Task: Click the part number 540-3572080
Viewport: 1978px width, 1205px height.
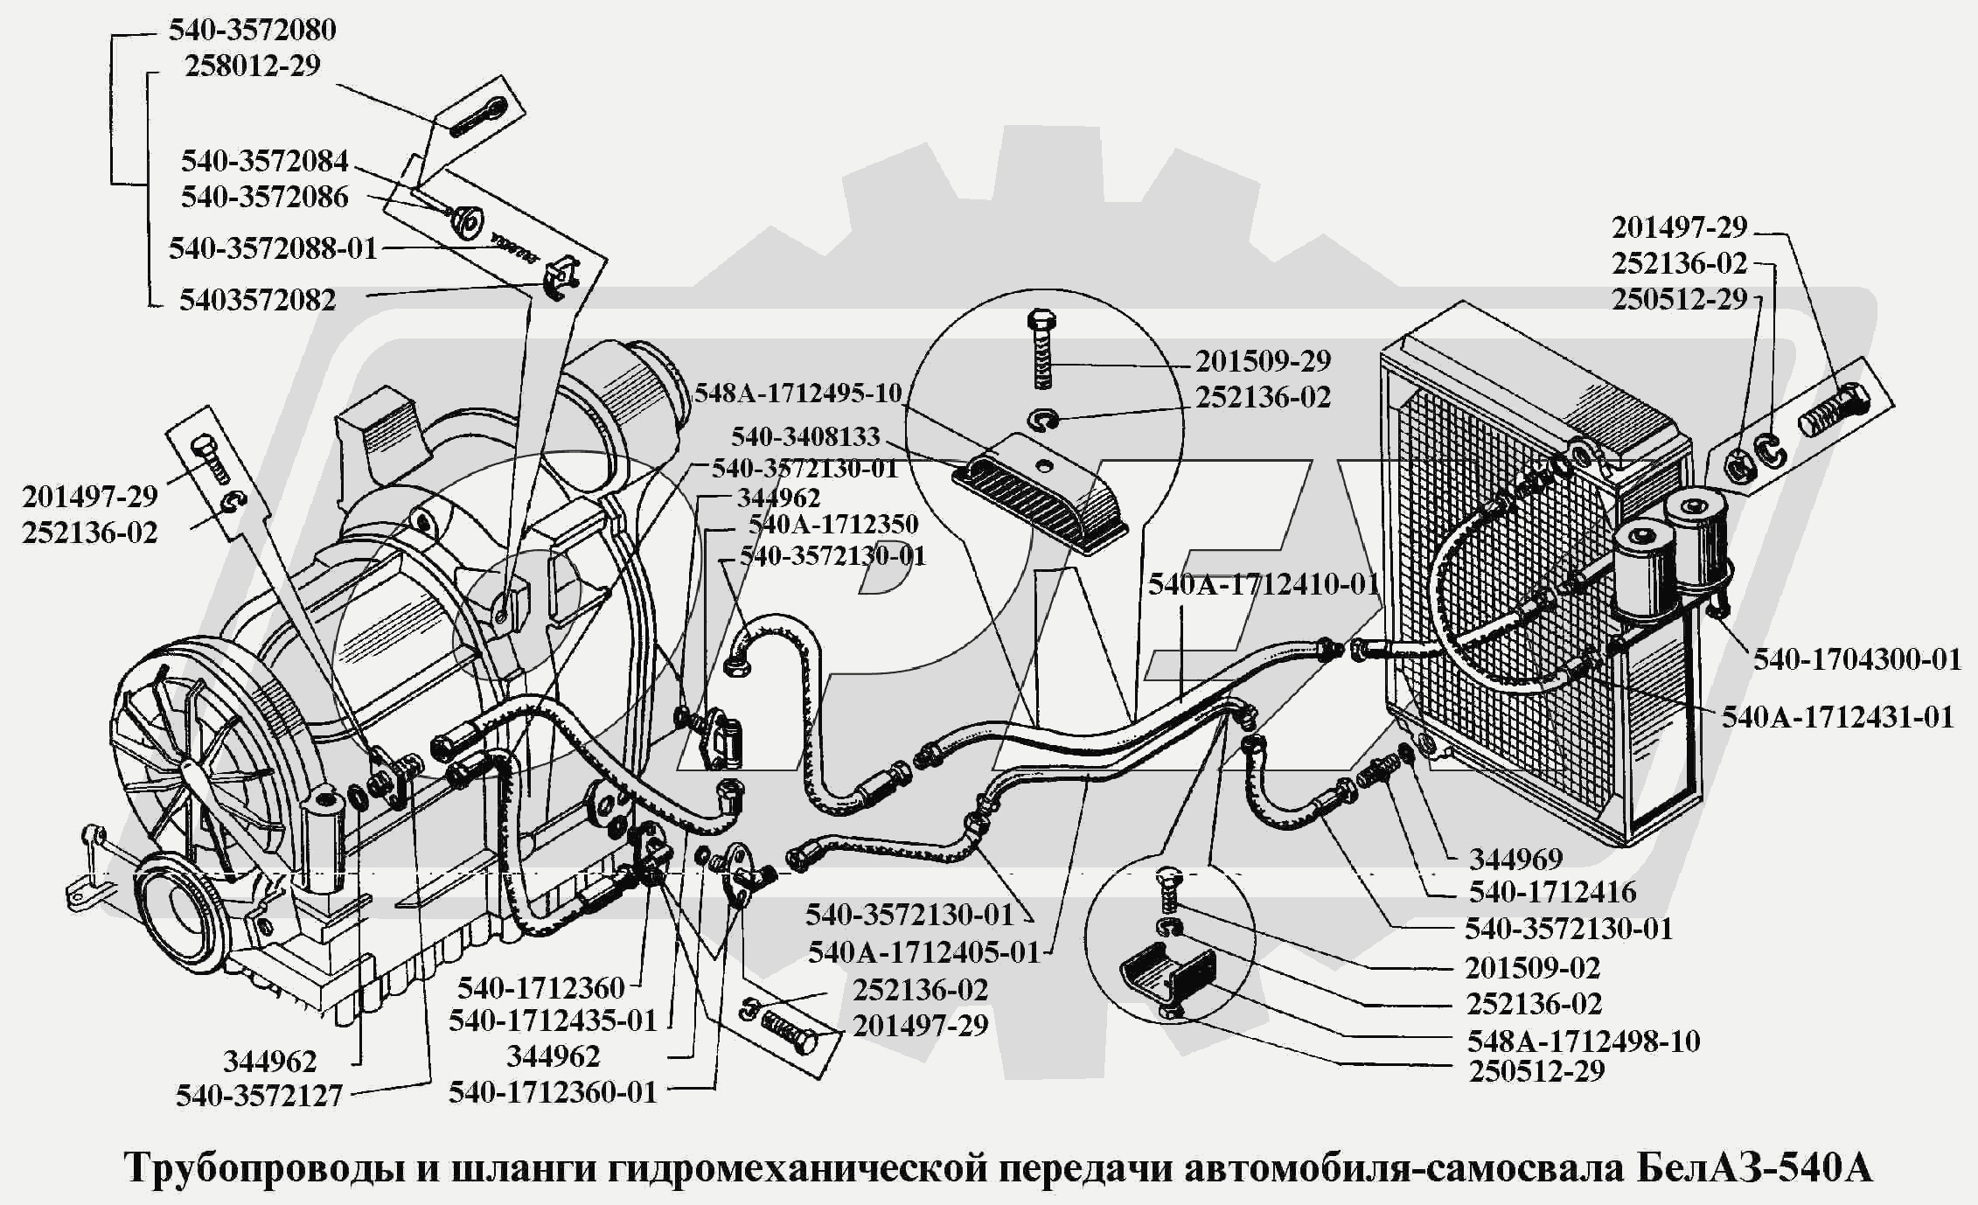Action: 252,31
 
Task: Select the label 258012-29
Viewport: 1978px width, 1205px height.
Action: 252,66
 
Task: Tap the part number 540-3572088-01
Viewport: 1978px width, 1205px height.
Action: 273,249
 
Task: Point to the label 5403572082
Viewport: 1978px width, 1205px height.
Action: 257,301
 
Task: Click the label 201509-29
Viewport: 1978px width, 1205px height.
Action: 1263,361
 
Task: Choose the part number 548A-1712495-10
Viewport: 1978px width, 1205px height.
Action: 797,394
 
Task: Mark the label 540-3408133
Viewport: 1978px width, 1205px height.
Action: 805,436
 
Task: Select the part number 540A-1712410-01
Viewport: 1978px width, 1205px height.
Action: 1264,585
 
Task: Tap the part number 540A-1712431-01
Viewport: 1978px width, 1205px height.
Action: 1837,718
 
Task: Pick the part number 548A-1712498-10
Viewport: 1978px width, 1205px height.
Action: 1583,1041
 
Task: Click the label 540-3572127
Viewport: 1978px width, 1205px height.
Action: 259,1097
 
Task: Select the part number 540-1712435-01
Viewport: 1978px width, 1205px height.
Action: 552,1021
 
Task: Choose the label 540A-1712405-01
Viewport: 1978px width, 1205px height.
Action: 923,952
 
